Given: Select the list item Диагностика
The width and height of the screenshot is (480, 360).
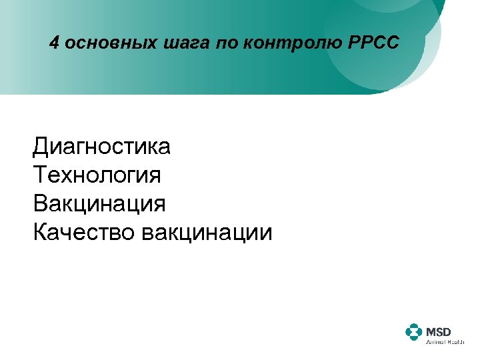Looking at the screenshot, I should click(101, 146).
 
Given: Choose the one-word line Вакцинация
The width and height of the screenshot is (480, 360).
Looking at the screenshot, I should click(99, 203).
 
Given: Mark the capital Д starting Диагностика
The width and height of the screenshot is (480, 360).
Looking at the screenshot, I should click(41, 146).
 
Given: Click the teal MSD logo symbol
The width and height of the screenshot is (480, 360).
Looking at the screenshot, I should click(413, 331).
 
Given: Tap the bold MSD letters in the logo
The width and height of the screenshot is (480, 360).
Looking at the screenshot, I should click(439, 329).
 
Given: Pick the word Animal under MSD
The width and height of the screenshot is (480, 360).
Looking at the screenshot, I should click(435, 341).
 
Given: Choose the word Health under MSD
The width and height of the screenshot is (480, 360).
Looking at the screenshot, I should click(455, 341).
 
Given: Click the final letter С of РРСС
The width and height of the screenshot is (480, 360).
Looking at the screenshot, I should click(391, 44).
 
